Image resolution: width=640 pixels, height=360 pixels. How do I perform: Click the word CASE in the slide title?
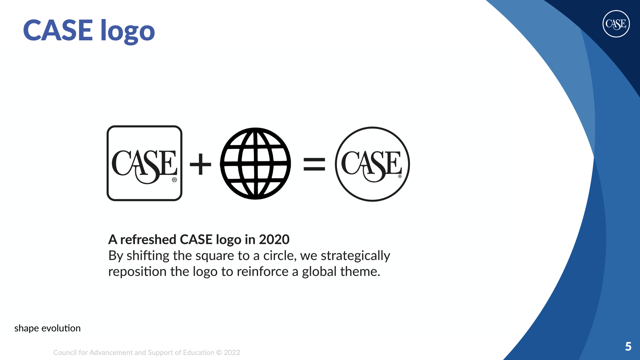click(x=58, y=30)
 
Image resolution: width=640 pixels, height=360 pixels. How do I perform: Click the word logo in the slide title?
click(x=128, y=31)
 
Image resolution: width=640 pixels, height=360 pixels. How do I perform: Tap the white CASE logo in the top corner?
click(x=616, y=24)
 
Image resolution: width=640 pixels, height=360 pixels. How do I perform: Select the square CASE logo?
click(x=144, y=163)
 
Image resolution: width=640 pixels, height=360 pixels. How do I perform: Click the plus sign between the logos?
click(x=200, y=164)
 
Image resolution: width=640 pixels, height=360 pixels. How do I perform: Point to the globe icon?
click(x=255, y=163)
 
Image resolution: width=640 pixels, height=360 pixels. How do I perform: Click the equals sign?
click(x=314, y=164)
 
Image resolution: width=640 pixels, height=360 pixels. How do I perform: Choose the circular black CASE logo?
click(x=372, y=164)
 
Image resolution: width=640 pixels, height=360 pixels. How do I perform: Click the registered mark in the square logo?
click(x=174, y=180)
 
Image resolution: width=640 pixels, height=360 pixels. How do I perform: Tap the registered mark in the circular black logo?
click(x=400, y=176)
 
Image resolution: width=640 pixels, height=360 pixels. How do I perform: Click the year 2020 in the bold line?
click(x=274, y=239)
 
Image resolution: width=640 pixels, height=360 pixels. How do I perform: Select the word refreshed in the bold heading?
click(x=148, y=239)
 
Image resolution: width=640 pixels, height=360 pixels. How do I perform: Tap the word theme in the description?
click(x=360, y=272)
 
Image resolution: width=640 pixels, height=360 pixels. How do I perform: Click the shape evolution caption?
click(x=47, y=328)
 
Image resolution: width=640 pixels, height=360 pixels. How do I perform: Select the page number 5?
click(x=628, y=347)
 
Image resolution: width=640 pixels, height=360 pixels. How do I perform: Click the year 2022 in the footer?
click(x=232, y=353)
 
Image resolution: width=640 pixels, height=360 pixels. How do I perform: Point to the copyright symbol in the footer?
click(x=219, y=353)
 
